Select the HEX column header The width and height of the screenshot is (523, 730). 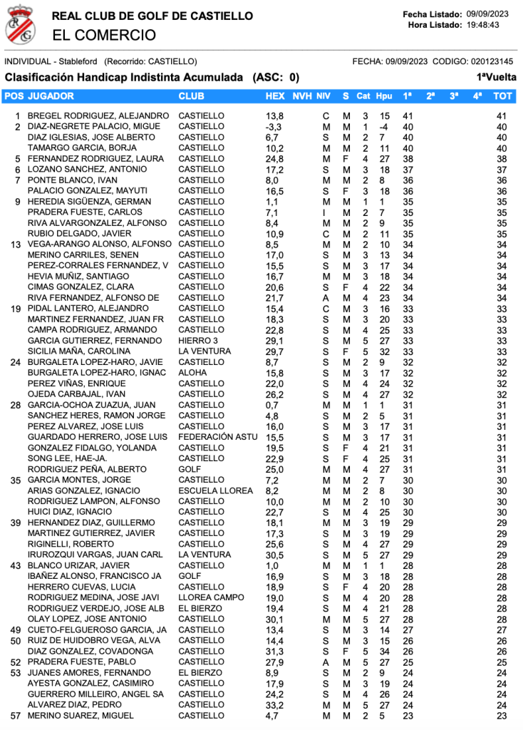tap(274, 96)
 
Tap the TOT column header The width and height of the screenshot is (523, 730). tap(502, 96)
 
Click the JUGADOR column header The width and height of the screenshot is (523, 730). tap(51, 96)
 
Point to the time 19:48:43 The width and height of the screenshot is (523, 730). tap(483, 25)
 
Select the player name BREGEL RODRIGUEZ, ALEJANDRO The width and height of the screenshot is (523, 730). tap(98, 115)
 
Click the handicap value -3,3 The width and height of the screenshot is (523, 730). tap(273, 127)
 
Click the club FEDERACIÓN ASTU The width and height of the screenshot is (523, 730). tap(217, 437)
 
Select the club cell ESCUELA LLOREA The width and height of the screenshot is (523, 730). tap(215, 490)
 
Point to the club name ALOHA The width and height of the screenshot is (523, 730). tap(192, 373)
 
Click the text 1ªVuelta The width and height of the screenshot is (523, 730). tap(497, 77)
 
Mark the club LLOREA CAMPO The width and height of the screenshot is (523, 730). tap(211, 597)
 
